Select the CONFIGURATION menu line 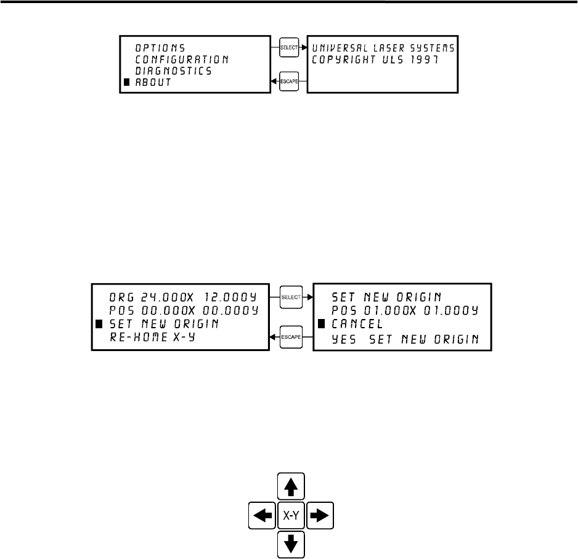click(182, 59)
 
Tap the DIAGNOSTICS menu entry click(174, 71)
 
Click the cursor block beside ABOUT click(127, 83)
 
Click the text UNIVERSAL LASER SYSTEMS click(383, 47)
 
